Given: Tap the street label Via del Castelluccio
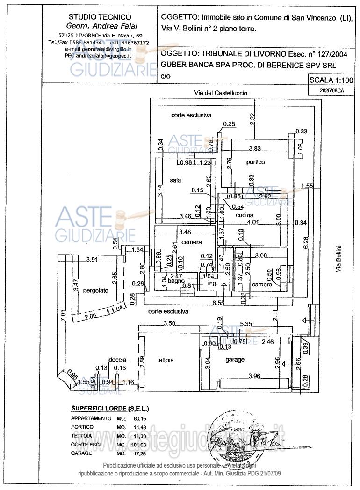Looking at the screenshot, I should pos(221,93).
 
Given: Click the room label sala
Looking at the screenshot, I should pos(175,180).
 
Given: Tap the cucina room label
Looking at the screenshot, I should pos(244,215).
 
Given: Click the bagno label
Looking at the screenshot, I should pos(176,281).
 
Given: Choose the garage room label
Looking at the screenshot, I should pos(235,359).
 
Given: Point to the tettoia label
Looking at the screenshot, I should pos(165,360).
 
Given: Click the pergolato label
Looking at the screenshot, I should pos(95,290).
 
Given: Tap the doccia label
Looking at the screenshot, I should pos(117,359).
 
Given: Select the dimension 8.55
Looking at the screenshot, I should pos(218,303).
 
